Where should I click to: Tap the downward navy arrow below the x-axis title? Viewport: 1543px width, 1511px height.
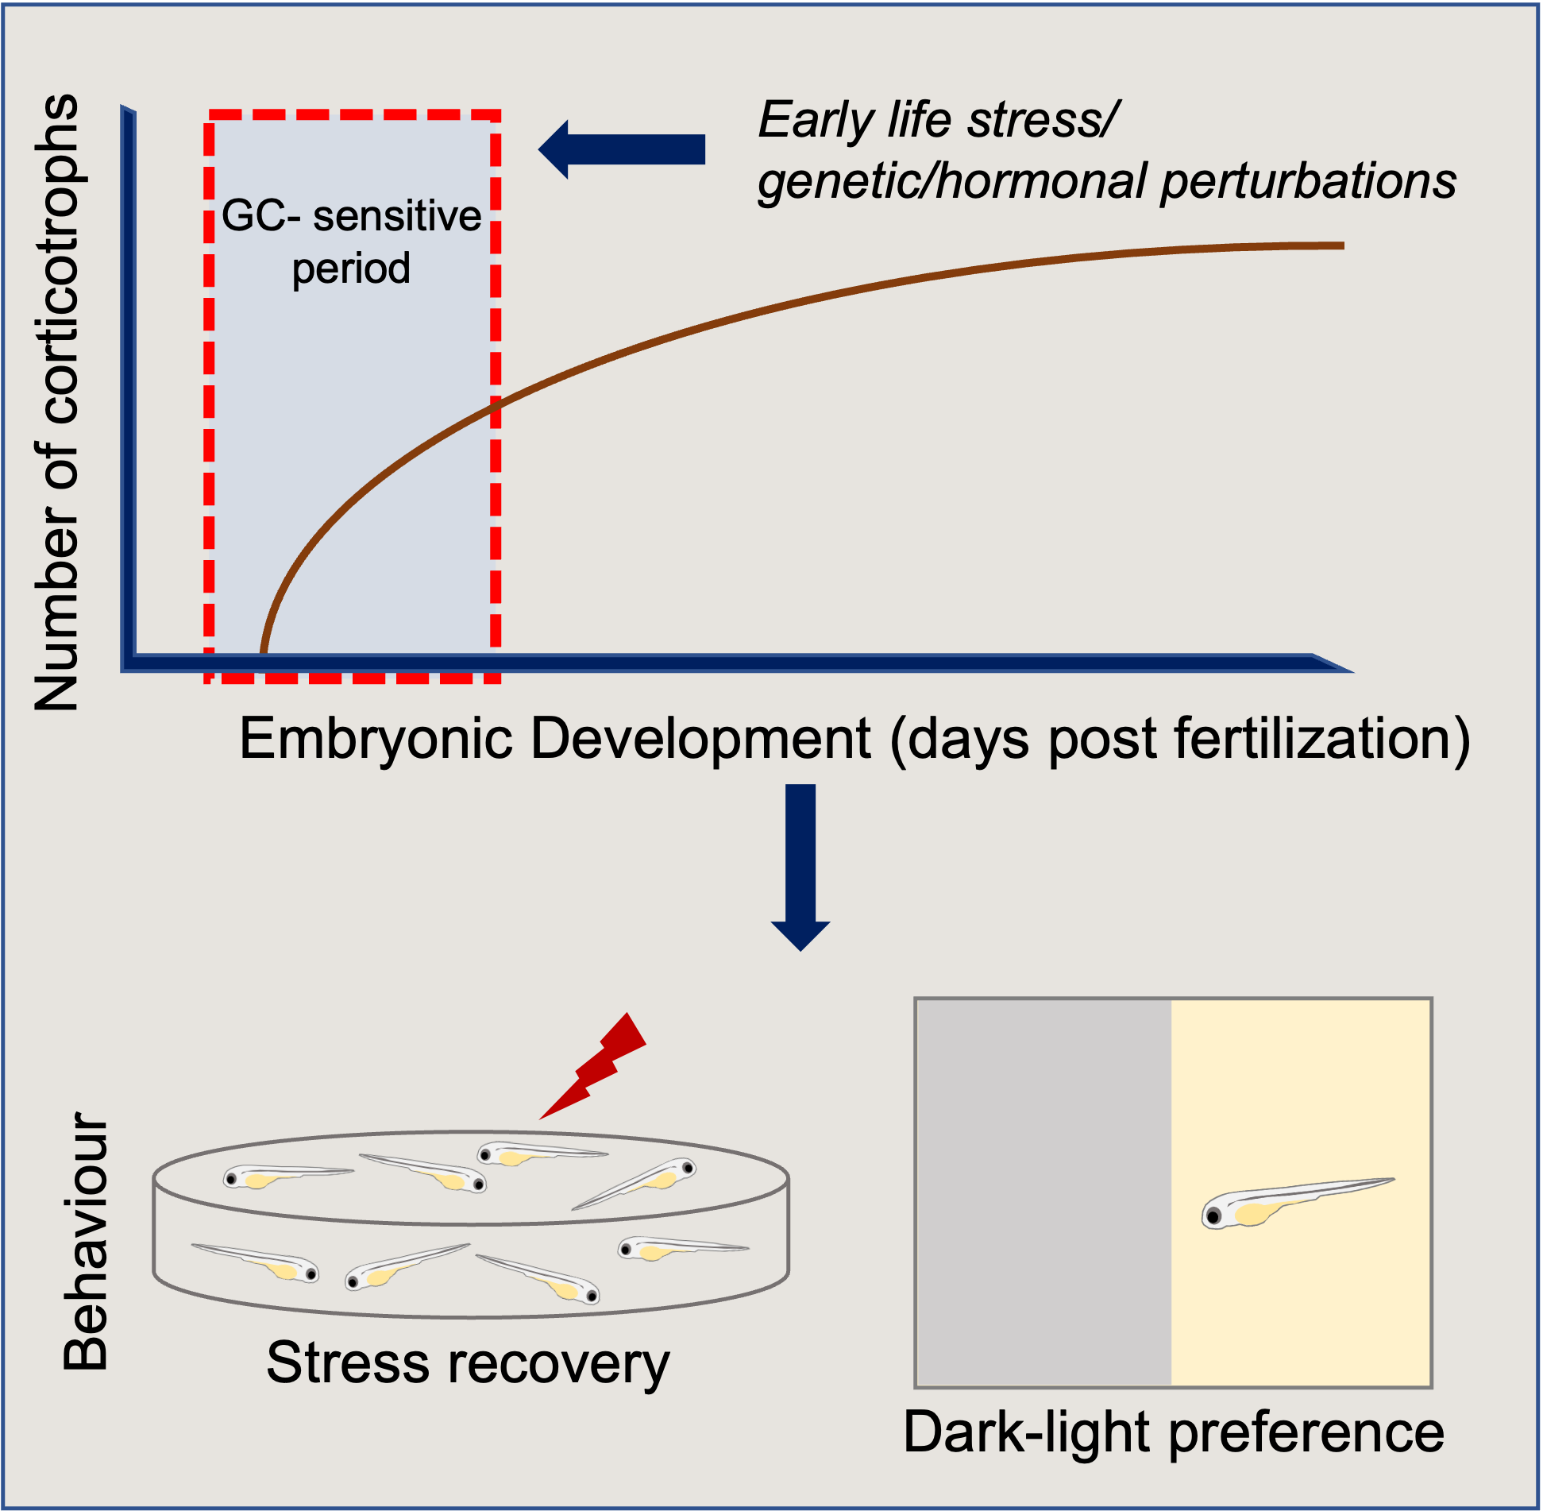point(800,866)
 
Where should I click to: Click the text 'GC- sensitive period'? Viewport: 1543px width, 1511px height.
point(351,242)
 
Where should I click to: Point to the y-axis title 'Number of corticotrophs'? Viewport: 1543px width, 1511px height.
point(57,401)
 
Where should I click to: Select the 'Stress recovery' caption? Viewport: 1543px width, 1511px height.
point(468,1363)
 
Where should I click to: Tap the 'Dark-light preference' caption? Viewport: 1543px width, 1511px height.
point(1174,1432)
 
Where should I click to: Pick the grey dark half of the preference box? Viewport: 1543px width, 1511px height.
point(1043,1192)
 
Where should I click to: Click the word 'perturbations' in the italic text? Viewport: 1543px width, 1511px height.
point(1309,181)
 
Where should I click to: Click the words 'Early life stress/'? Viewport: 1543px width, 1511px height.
point(937,121)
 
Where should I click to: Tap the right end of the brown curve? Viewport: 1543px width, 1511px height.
point(1342,246)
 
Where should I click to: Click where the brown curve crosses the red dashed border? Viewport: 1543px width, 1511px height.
point(495,406)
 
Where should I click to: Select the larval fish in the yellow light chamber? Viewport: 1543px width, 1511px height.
point(1294,1201)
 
